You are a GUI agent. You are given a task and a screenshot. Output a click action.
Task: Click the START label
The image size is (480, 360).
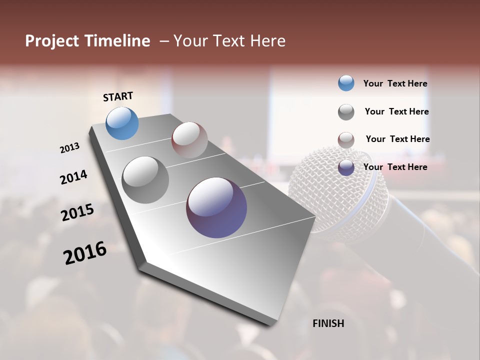118,96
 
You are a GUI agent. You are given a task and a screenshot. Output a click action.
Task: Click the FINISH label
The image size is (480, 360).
328,323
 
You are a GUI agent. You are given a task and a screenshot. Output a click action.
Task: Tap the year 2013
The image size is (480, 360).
69,148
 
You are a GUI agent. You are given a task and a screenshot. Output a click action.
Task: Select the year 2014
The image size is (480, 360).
73,177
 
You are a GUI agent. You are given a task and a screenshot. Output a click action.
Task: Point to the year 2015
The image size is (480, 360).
77,212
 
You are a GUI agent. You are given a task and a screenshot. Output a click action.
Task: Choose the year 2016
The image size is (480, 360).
85,253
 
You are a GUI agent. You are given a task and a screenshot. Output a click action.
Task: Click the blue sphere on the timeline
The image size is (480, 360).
122,123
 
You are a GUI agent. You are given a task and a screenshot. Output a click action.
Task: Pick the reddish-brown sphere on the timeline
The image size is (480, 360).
189,140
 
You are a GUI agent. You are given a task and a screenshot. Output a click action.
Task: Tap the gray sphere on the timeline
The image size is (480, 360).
145,180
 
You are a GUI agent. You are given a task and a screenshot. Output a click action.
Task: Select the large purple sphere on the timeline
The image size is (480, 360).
216,207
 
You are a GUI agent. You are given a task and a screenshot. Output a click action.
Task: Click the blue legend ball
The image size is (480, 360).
346,83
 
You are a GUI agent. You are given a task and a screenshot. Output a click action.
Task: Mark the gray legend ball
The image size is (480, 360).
346,112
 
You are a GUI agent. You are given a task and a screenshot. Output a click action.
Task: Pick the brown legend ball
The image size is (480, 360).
346,140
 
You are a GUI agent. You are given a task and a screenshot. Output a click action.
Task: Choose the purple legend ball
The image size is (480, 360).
346,167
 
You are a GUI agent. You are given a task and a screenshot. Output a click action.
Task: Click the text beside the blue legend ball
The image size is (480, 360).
395,84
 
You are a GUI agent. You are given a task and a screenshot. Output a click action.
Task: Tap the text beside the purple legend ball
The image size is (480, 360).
395,167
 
